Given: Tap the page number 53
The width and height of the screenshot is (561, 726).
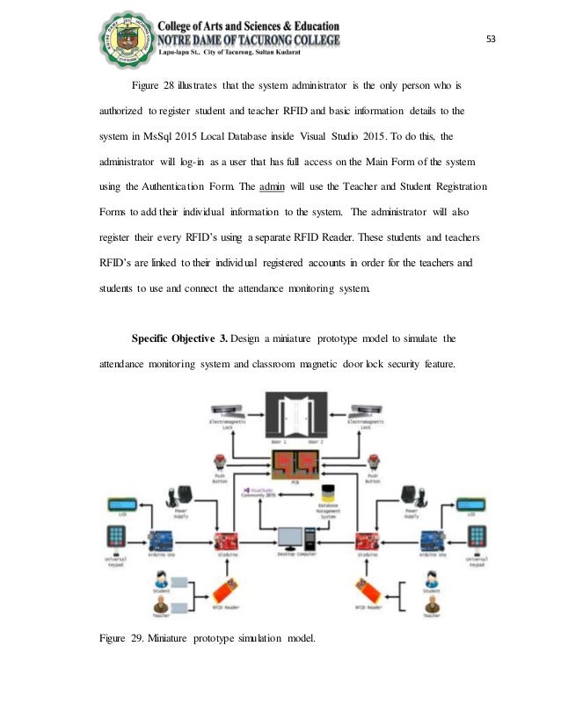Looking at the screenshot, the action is coord(492,40).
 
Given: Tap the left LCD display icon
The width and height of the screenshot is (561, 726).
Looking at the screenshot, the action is coord(119,506).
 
